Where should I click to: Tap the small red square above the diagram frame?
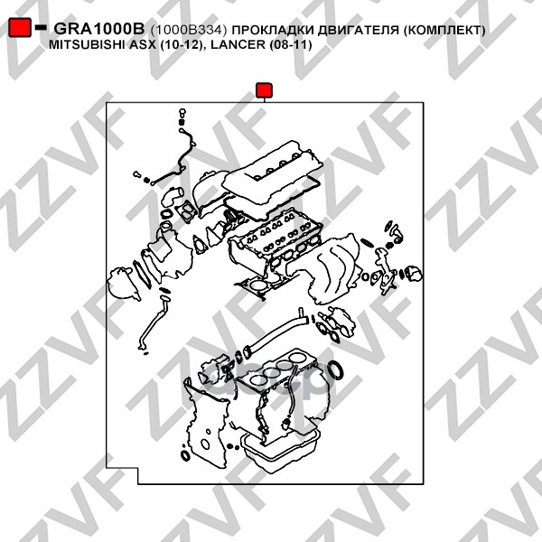click(264, 89)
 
